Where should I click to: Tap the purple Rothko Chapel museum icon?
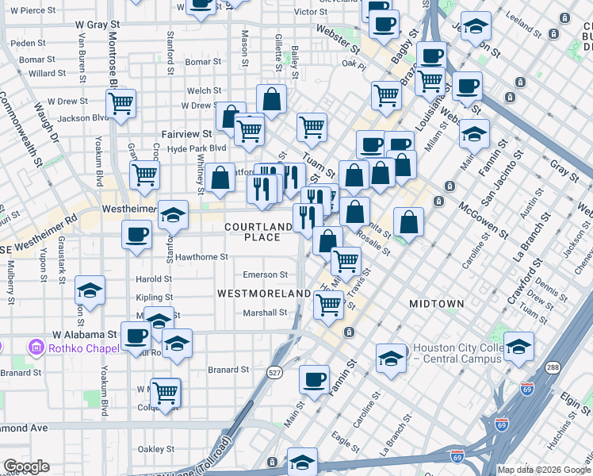[36, 347]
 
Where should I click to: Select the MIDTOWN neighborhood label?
[436, 304]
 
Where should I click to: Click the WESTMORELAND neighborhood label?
[264, 294]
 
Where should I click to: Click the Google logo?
[25, 466]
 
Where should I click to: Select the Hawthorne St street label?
[202, 257]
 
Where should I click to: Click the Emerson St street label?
[265, 275]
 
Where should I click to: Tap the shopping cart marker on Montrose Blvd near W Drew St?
[121, 103]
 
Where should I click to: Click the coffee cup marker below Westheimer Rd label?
[137, 234]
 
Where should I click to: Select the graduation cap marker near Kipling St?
[90, 291]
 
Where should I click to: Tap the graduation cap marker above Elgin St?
[519, 347]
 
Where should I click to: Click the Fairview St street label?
[187, 135]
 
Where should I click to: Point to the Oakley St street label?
[155, 449]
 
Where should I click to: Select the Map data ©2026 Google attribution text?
[544, 470]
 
